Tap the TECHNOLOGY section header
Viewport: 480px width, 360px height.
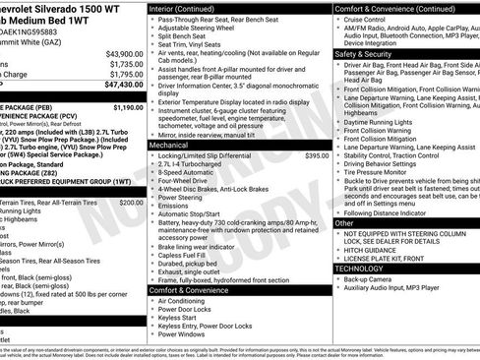click(x=359, y=268)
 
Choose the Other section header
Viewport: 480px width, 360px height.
click(x=344, y=222)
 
